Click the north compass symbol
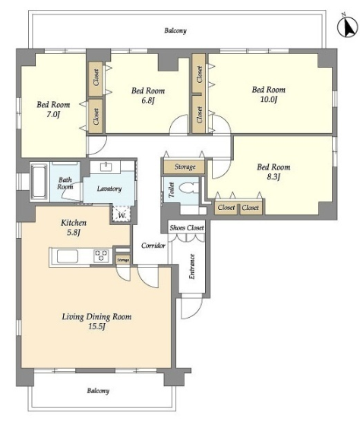[x=348, y=26]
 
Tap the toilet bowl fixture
[x=188, y=188]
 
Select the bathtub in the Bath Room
[x=39, y=182]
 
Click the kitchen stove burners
[x=101, y=255]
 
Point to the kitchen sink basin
[x=68, y=256]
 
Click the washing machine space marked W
[x=122, y=214]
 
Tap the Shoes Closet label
[x=187, y=227]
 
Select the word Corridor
[x=153, y=246]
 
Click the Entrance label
[x=192, y=266]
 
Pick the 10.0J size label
[x=269, y=100]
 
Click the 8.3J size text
[x=273, y=177]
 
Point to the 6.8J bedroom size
[x=148, y=100]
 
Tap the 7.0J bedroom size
[x=53, y=115]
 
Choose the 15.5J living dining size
[x=96, y=326]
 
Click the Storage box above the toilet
[x=185, y=167]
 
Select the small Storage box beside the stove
[x=123, y=260]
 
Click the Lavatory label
[x=109, y=189]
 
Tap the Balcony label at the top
[x=175, y=30]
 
